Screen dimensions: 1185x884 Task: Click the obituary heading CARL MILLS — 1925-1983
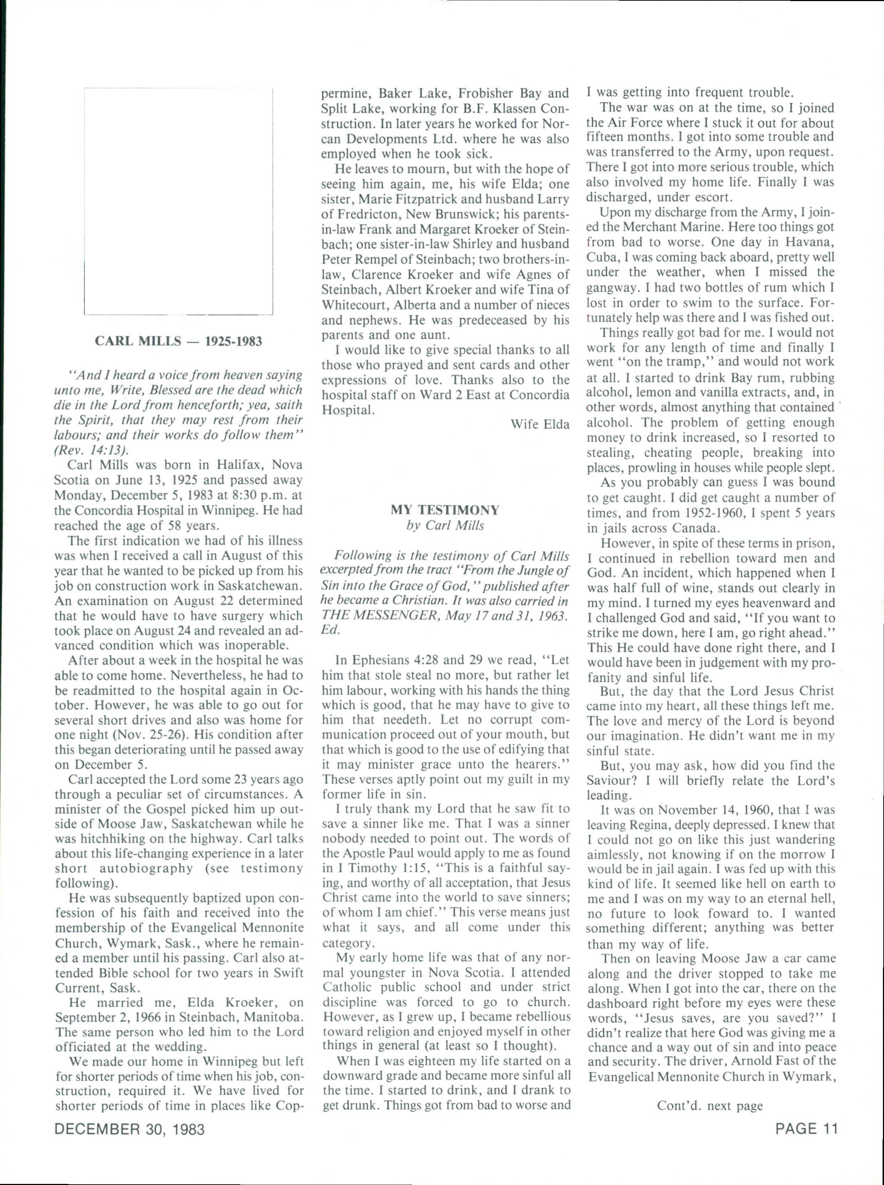[x=178, y=341]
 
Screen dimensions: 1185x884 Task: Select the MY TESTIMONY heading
[x=445, y=510]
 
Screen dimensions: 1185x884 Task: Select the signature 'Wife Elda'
[x=539, y=424]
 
